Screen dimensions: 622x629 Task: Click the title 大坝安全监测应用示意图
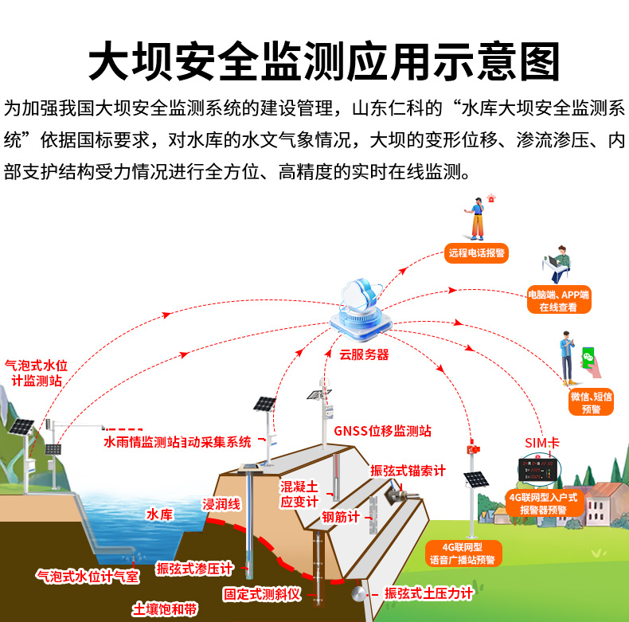314,61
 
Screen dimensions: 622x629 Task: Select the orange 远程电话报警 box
476,253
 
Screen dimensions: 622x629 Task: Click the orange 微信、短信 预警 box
592,402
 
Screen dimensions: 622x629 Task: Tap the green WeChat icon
588,357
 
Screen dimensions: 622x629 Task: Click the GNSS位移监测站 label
382,431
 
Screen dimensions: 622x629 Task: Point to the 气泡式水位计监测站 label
37,373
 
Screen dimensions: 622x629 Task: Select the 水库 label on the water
159,515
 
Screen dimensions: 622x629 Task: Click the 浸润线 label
221,503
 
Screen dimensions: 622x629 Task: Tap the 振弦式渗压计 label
194,568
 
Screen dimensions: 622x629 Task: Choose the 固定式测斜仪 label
261,593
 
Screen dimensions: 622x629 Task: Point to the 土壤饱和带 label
166,609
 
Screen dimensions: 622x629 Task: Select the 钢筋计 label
341,516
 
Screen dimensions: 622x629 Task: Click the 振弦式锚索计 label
408,471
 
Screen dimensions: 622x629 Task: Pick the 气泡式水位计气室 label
88,575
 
